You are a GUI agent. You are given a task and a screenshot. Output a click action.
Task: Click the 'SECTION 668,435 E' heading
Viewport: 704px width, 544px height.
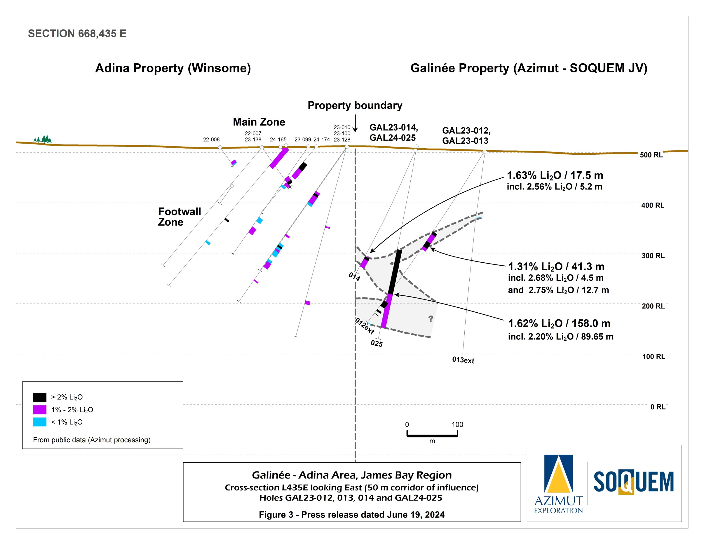[77, 34]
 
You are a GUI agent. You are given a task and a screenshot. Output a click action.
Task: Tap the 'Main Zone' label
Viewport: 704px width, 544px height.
[259, 122]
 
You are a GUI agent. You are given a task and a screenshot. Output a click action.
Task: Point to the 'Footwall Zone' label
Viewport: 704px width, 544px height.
[179, 217]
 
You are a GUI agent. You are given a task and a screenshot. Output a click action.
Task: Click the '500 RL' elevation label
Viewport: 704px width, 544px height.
[651, 155]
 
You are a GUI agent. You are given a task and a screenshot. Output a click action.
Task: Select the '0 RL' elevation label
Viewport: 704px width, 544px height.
[658, 407]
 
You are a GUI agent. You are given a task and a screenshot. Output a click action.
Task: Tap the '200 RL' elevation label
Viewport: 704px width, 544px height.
[653, 306]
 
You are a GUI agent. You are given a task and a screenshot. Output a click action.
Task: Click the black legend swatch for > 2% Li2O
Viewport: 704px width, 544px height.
[40, 397]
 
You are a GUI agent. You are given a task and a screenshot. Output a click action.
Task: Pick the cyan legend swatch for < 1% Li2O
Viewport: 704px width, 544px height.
[40, 422]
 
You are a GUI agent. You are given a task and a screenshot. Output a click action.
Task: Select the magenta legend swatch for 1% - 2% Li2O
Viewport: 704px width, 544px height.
[40, 410]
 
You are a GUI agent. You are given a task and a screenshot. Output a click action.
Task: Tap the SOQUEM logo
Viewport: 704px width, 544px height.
[633, 482]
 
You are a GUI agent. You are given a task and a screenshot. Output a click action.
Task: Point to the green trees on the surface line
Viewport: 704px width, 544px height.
[43, 139]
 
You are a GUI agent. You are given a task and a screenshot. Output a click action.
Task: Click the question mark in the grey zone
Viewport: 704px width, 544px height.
[431, 319]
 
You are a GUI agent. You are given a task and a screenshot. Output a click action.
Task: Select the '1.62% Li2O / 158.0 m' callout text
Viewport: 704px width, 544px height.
[559, 323]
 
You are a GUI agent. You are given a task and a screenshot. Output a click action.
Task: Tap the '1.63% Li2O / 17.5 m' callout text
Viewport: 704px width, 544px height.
[555, 175]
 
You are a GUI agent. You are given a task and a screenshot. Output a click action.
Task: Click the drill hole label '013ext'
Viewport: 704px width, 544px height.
[463, 360]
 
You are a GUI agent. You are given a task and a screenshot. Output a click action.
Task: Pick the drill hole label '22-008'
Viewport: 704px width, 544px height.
[211, 140]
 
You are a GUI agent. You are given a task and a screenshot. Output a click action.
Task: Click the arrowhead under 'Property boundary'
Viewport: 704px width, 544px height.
[355, 130]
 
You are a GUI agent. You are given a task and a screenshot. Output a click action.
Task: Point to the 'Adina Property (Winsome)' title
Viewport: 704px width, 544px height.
[173, 68]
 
